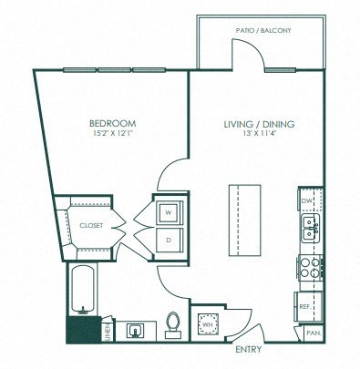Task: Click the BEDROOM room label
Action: coord(113,123)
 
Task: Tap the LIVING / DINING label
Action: coord(259,124)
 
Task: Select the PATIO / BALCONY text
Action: coord(263,30)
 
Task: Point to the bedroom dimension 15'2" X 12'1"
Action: coord(113,133)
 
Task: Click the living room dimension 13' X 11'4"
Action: coord(259,133)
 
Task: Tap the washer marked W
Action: coord(169,213)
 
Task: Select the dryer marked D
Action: coord(169,241)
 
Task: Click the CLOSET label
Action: coord(91,225)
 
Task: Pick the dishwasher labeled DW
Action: coord(310,200)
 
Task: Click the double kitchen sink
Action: coord(311,228)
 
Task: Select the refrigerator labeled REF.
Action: coord(308,306)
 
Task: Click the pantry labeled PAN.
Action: coord(314,333)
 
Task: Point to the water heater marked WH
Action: coord(208,324)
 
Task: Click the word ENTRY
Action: coord(249,349)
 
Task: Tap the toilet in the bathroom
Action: coord(173,325)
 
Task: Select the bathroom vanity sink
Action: coord(136,331)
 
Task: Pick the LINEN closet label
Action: coord(108,333)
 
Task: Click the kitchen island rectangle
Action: coord(245,220)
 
